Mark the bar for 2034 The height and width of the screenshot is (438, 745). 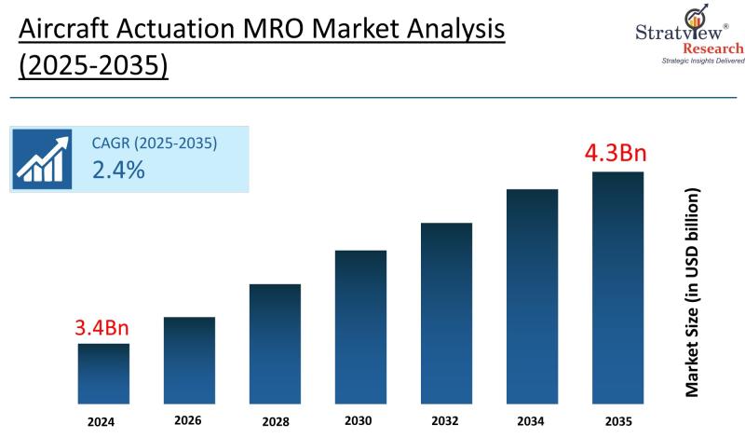click(x=532, y=295)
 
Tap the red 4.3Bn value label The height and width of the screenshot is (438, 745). click(x=616, y=152)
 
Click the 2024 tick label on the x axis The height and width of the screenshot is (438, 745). click(x=103, y=421)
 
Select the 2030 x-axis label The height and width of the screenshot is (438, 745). click(x=360, y=421)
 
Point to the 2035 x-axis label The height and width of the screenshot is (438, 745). click(x=617, y=421)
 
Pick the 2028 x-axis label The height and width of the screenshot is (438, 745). click(x=275, y=421)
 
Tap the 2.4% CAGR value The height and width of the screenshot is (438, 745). click(x=117, y=170)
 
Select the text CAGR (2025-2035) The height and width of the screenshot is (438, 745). click(x=154, y=144)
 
